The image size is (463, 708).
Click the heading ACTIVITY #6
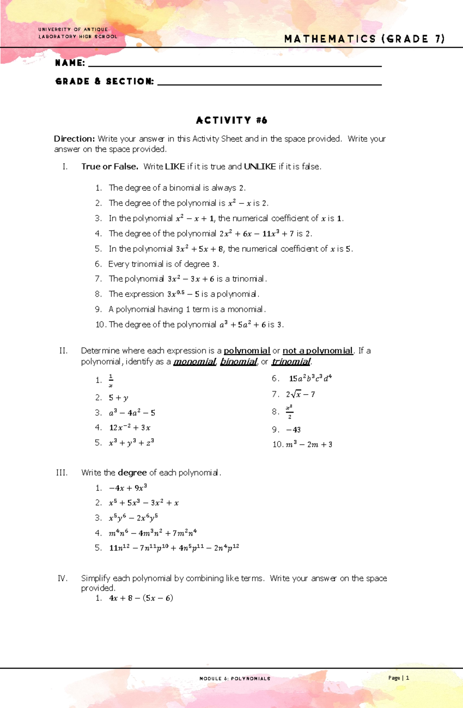click(231, 120)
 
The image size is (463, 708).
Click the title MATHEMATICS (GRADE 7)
click(364, 39)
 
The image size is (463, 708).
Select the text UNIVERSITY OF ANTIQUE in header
click(73, 29)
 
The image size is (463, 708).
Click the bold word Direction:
click(74, 139)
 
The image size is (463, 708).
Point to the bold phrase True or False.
click(110, 167)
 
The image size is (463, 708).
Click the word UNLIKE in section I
click(260, 167)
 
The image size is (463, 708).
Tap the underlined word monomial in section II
click(194, 362)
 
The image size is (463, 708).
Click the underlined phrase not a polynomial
click(318, 351)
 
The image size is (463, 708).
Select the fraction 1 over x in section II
click(111, 380)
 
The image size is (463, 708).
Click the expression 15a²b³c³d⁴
click(310, 379)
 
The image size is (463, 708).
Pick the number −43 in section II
click(293, 429)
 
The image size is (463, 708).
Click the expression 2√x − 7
click(300, 394)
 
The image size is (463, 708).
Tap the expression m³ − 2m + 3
click(309, 444)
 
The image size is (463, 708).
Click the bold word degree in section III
click(132, 473)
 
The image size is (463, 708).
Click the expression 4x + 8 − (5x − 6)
click(141, 598)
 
